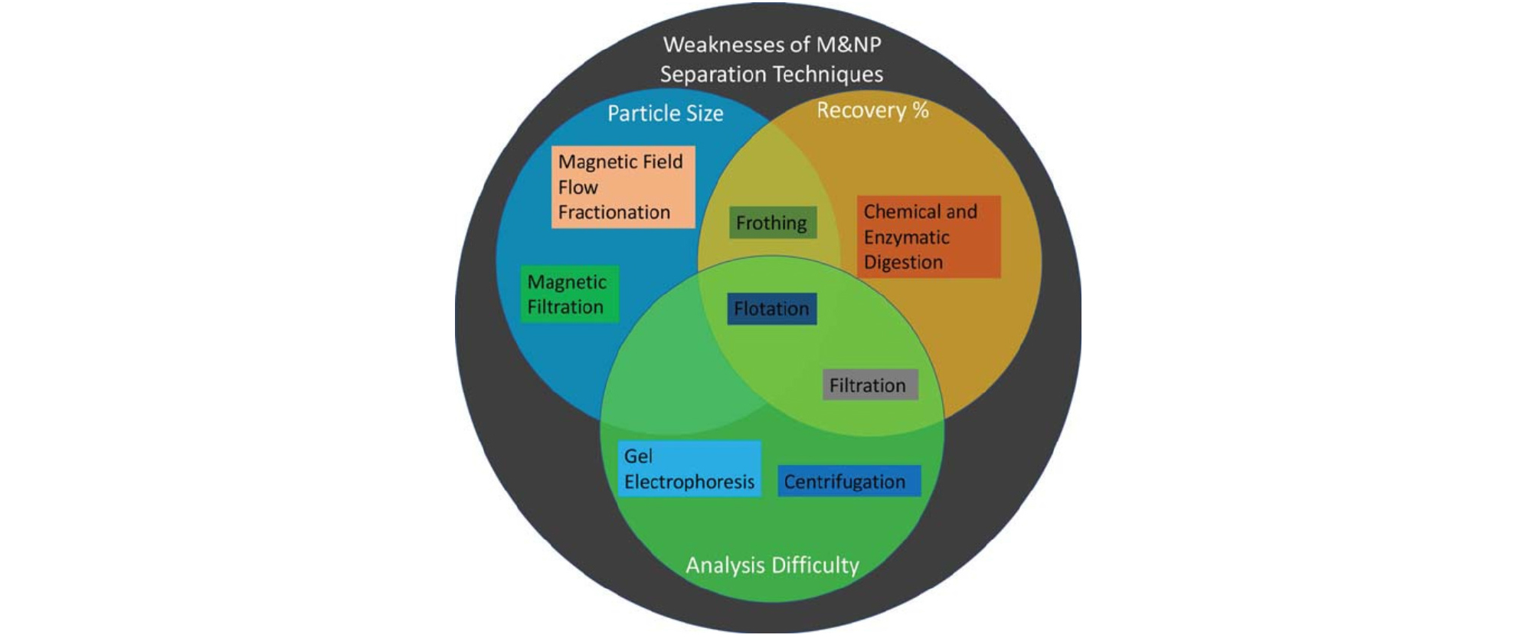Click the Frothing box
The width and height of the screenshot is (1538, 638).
point(772,223)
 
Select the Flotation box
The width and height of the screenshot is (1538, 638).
point(771,309)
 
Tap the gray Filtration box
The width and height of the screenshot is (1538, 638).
point(869,385)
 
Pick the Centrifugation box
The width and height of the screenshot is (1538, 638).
point(848,482)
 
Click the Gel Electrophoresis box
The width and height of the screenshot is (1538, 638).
point(689,469)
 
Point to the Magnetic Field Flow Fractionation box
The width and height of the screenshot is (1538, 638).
point(623,187)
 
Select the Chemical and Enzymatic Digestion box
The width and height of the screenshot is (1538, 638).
point(928,237)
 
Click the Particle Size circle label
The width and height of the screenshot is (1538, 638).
point(665,113)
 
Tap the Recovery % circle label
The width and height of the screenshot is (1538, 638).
point(872,110)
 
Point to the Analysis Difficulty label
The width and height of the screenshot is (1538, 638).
point(772,565)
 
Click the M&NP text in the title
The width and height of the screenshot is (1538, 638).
point(849,44)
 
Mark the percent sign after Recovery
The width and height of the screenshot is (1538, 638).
point(920,110)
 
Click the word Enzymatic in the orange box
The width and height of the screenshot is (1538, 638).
point(906,237)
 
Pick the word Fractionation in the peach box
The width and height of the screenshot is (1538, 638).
point(614,212)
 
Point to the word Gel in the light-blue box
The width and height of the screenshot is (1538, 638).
point(637,456)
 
